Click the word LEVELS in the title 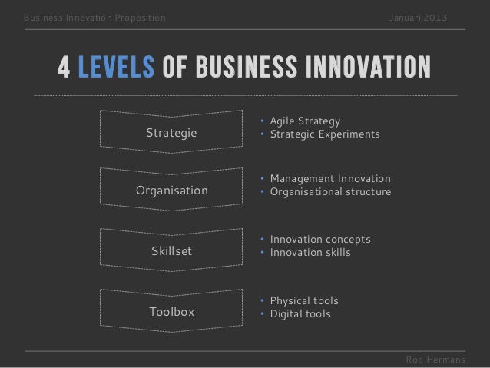point(116,70)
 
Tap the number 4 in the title point(64,70)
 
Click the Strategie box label point(171,133)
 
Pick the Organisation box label point(172,191)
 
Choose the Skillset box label point(172,251)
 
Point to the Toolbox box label point(172,312)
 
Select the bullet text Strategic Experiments point(324,134)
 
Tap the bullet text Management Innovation point(330,179)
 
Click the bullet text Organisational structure point(330,192)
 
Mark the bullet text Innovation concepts point(319,240)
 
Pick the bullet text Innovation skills point(310,253)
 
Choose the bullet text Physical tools point(303,300)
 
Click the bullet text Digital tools point(300,313)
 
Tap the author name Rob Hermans point(435,360)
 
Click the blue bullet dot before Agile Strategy point(262,121)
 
